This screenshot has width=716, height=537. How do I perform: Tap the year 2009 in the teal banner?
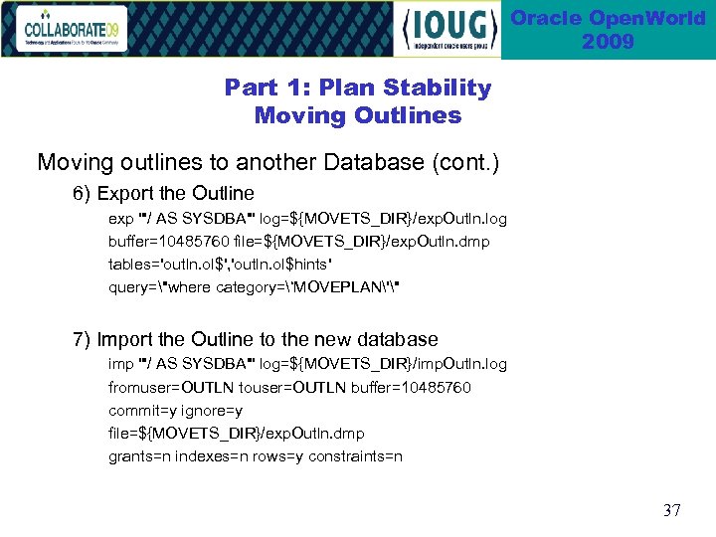608,42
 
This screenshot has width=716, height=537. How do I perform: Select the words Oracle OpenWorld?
608,18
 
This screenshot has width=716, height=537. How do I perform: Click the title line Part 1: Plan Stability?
358,88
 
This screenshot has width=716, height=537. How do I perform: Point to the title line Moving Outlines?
358,115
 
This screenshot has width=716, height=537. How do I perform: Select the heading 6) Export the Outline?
164,193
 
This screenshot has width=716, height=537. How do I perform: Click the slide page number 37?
671,510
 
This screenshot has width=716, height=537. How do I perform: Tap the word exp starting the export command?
120,218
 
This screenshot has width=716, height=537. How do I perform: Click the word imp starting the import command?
120,365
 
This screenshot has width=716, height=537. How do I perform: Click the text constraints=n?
355,456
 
